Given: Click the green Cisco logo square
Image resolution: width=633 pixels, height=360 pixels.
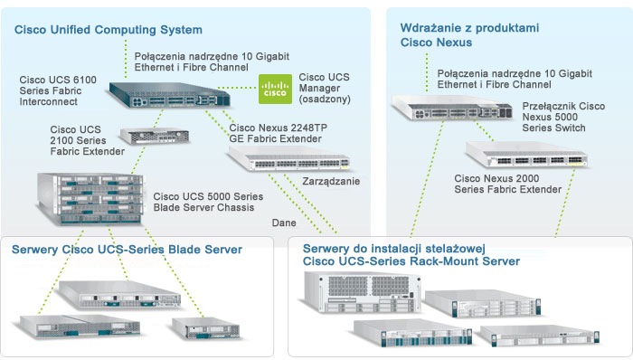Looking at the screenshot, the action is point(275,89).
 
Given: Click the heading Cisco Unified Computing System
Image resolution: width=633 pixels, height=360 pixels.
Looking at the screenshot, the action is point(109,30).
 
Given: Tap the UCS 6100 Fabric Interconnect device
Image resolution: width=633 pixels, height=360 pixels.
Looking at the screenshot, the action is point(170,95).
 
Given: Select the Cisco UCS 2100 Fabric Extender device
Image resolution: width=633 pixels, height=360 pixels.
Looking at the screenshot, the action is point(155,136).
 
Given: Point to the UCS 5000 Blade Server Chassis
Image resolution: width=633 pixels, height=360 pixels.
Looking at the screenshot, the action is point(90,198).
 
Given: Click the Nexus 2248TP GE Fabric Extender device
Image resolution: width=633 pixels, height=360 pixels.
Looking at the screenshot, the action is point(289,158).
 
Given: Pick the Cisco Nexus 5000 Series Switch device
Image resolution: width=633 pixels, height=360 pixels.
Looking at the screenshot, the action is point(452,108).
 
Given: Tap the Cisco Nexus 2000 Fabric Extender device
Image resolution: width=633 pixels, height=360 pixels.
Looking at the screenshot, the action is point(526,155).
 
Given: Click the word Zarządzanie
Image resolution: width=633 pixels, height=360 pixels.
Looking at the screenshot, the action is point(331,181).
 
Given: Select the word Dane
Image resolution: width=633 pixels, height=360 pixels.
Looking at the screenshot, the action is point(284,223).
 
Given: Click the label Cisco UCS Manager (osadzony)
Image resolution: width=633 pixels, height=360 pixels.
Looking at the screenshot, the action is point(324,88).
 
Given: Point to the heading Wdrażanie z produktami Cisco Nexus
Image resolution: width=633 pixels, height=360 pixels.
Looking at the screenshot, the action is point(469,35).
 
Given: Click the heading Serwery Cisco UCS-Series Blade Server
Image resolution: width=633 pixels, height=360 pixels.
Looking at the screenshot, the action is point(127,249).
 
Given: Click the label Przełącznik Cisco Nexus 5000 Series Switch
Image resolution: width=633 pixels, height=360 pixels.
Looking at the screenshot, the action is point(563,117).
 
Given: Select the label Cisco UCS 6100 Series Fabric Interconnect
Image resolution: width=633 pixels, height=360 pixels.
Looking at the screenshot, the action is point(58,90).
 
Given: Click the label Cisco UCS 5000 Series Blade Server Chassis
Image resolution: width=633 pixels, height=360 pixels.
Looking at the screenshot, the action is point(208,202).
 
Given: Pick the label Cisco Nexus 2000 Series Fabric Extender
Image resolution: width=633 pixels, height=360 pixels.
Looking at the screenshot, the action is point(508,184).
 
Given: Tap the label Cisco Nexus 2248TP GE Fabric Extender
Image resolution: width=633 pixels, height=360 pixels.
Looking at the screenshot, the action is point(279,133).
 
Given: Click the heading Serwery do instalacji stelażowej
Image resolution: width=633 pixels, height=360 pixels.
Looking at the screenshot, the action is point(394,248).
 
